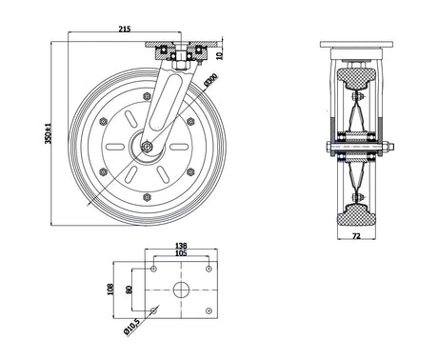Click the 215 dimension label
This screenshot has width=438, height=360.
[125, 29]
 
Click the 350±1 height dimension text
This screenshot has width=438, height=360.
[48, 133]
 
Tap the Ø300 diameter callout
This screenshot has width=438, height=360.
[210, 80]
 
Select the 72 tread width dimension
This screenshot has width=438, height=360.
[356, 235]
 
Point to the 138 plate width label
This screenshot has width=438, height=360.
[181, 246]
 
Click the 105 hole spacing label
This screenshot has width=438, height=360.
[181, 253]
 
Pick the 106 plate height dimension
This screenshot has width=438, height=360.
[110, 289]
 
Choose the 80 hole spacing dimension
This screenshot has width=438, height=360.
[129, 290]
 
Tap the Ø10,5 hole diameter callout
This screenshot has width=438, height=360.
[131, 327]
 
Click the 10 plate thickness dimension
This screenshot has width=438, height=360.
[219, 55]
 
